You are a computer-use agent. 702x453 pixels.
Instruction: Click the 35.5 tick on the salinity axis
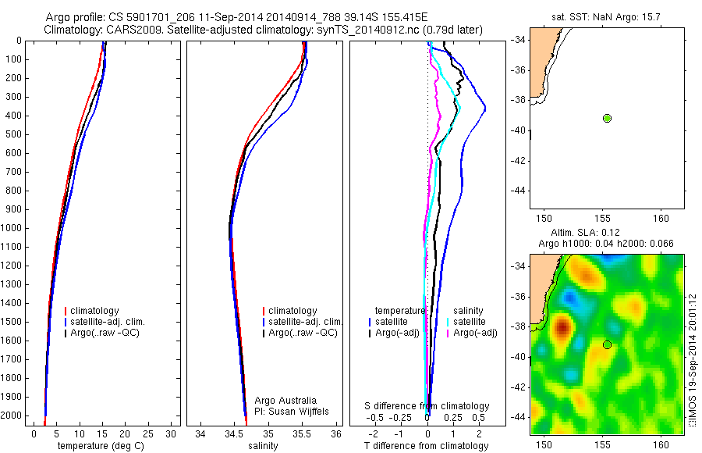tap(303, 433)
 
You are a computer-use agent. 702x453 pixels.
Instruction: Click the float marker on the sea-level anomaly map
tap(607, 344)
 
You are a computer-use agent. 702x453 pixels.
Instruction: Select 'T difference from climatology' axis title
tap(426, 446)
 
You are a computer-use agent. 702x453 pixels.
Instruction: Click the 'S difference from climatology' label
tap(427, 406)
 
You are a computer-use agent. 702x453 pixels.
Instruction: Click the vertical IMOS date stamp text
tap(692, 360)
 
